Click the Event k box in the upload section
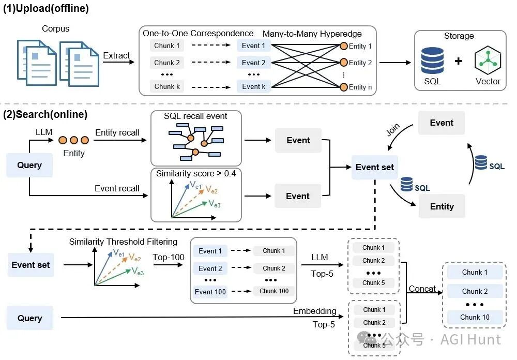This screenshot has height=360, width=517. click(x=253, y=86)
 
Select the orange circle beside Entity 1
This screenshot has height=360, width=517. click(x=344, y=46)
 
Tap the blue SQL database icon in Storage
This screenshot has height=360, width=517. click(x=432, y=61)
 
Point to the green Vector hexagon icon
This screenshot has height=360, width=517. click(x=488, y=61)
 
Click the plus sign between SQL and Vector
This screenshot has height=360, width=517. click(x=458, y=61)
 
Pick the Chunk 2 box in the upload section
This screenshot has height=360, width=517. click(x=167, y=63)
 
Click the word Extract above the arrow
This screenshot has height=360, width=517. click(x=116, y=55)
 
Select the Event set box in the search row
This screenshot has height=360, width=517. click(x=374, y=167)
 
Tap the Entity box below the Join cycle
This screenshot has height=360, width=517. click(x=442, y=206)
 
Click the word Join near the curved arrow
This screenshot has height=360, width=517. click(x=393, y=130)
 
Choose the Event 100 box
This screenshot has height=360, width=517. click(x=210, y=292)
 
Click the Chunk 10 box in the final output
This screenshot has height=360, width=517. click(x=475, y=317)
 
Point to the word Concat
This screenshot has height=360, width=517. click(x=422, y=289)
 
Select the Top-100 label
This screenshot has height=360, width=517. click(x=169, y=257)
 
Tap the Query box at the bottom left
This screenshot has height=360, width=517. click(x=29, y=318)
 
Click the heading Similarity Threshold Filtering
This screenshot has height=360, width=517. click(x=123, y=242)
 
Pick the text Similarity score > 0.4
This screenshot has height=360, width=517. click(x=196, y=174)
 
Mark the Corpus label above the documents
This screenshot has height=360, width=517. click(x=55, y=29)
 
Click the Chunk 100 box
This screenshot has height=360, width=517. click(x=274, y=291)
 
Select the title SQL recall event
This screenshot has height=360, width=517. click(x=195, y=116)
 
